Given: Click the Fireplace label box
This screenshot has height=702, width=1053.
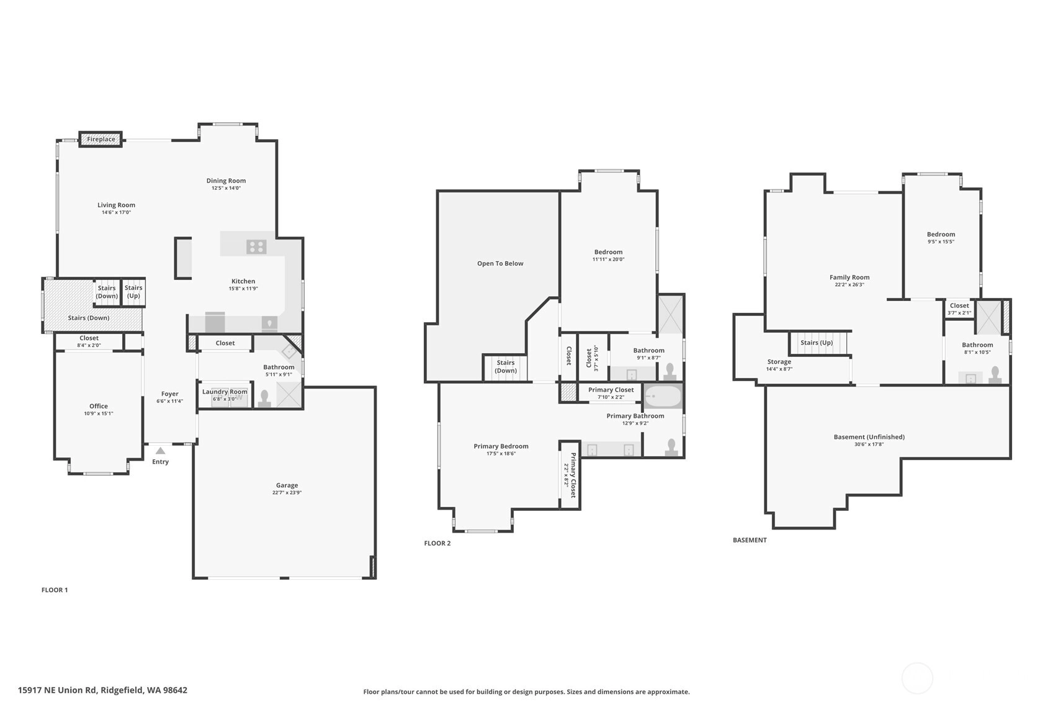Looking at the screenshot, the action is [x=101, y=139].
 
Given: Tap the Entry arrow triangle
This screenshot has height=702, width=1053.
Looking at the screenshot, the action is [x=160, y=451].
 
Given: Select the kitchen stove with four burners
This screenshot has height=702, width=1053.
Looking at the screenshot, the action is [x=256, y=247].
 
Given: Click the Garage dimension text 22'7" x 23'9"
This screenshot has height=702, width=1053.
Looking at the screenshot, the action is [x=287, y=493].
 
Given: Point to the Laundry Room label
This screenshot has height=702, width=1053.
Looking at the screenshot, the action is [x=225, y=392].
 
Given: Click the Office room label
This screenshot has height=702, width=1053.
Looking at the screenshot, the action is [x=99, y=407].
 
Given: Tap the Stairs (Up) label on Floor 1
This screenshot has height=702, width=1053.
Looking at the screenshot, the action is [x=133, y=292].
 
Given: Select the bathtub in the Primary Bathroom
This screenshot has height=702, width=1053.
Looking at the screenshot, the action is [x=663, y=397].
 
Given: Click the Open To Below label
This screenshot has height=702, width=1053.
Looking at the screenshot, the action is [x=500, y=263].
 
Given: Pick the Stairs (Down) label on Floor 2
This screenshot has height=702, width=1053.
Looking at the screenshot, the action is [x=506, y=366].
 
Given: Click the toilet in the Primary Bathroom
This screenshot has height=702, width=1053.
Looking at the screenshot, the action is [x=671, y=447].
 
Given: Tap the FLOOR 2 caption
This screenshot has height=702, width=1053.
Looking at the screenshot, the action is [x=437, y=543].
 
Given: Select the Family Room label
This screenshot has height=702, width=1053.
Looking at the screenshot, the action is [x=849, y=277].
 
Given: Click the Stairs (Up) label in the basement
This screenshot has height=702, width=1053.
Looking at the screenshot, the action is [x=817, y=342].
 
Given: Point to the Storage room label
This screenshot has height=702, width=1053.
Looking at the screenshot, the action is [x=779, y=362].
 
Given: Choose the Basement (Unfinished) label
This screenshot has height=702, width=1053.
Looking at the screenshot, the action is [x=869, y=437].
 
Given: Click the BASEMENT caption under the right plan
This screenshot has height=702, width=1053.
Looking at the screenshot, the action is [x=750, y=540].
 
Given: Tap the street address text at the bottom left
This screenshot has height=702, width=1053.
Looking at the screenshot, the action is [x=102, y=690].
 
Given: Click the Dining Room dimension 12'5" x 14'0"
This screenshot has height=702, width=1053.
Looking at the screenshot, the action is [x=226, y=188].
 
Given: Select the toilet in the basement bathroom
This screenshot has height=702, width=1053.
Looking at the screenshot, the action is [x=995, y=376].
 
